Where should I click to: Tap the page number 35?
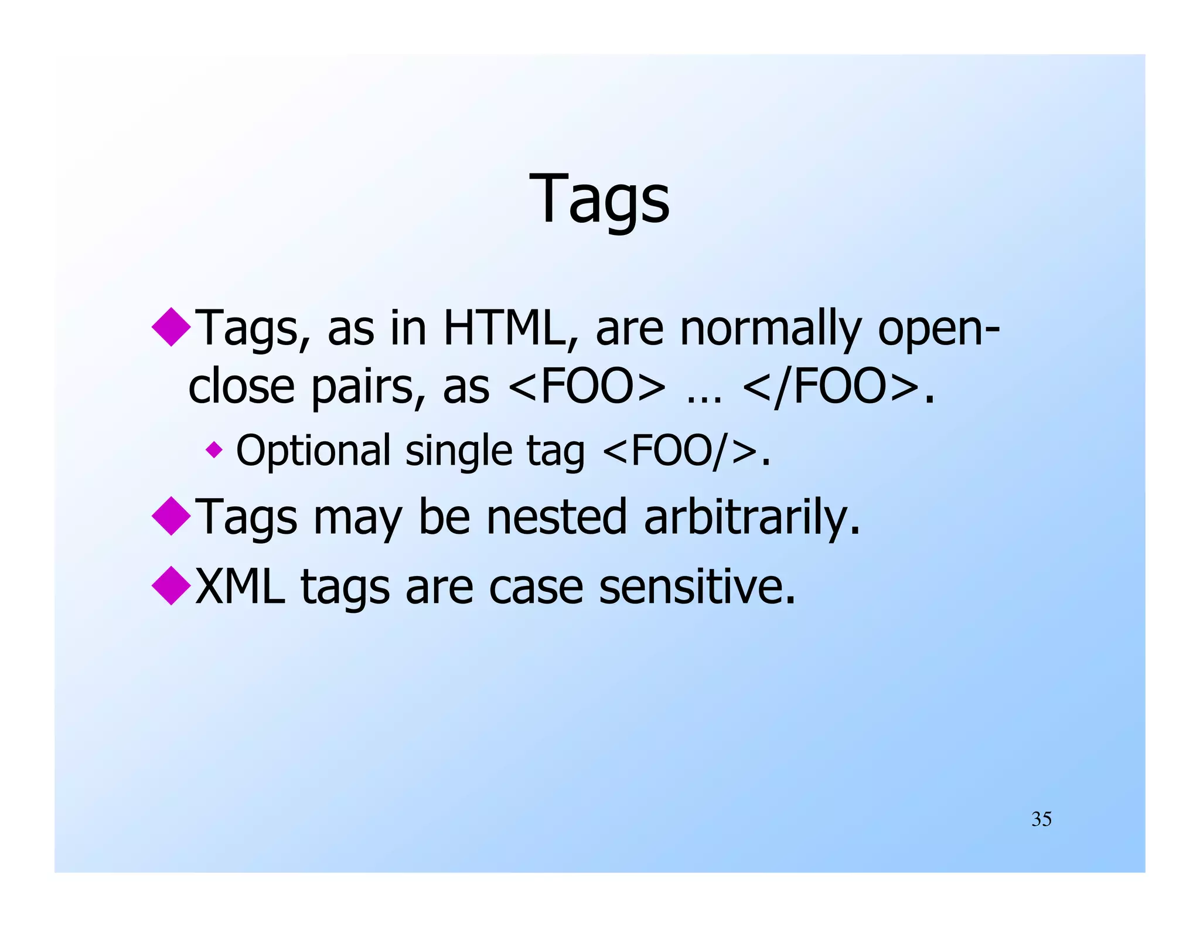coord(1041,819)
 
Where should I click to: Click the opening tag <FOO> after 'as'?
coord(587,387)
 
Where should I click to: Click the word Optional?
coord(313,451)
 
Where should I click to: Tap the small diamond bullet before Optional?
coord(214,450)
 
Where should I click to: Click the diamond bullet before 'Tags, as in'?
coord(171,326)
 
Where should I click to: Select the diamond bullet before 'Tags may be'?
coord(171,516)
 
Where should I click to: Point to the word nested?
coord(557,517)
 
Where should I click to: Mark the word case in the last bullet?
coord(536,587)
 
